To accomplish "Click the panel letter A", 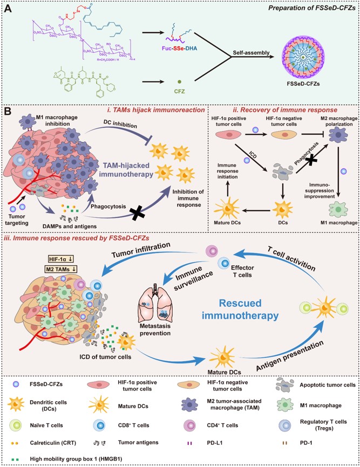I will coord(10,8).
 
